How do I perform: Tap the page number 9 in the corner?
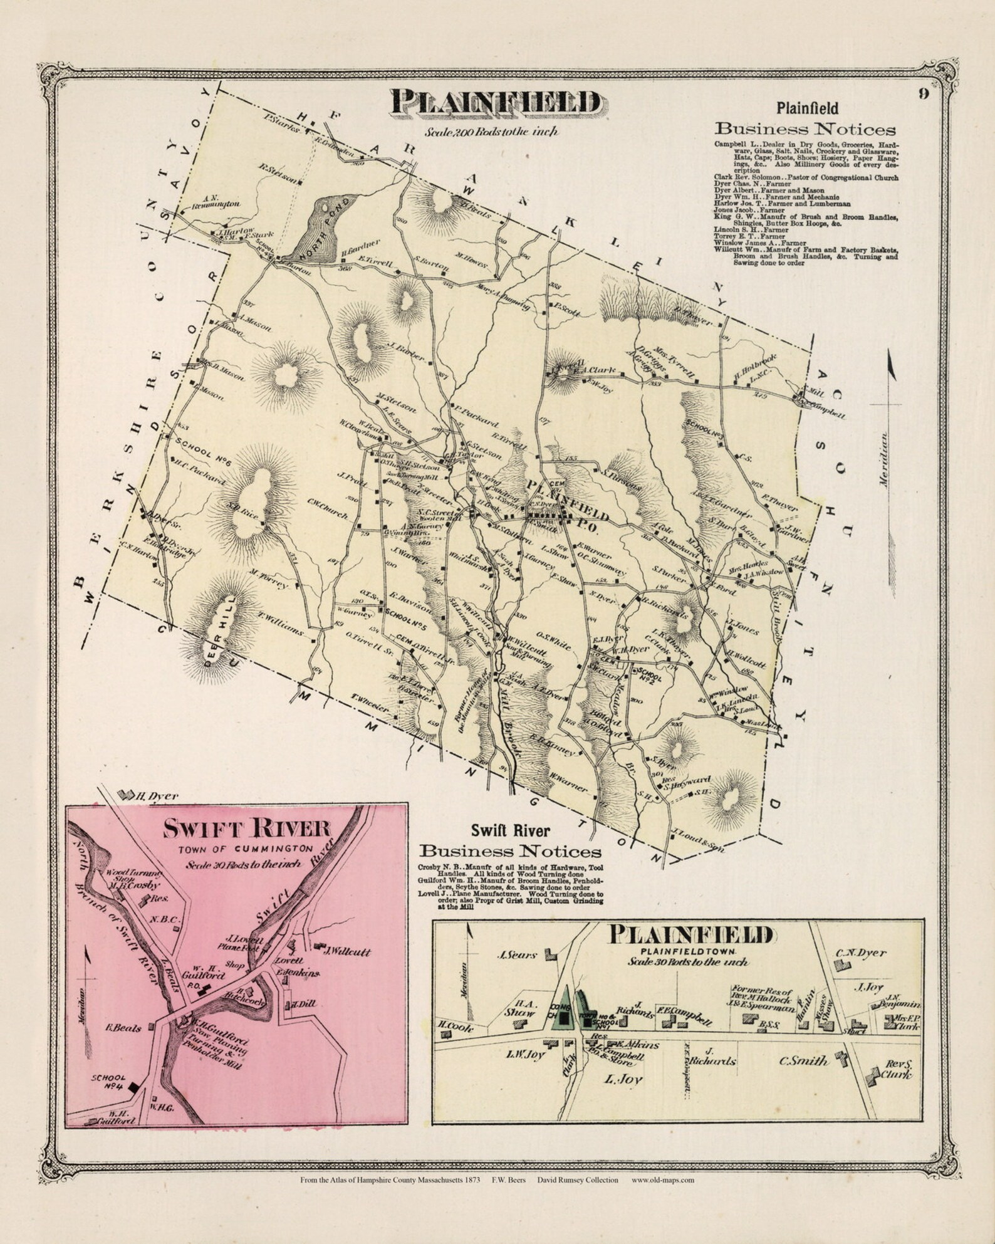[x=924, y=95]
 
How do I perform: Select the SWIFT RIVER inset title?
[x=246, y=829]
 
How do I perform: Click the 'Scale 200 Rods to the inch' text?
[x=491, y=132]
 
